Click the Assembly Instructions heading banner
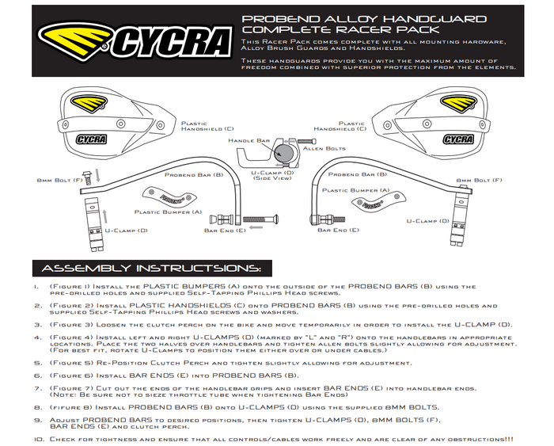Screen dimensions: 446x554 [x=152, y=268]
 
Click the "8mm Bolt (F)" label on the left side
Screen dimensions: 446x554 [x=60, y=181]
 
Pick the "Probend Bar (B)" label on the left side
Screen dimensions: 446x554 [x=194, y=173]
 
